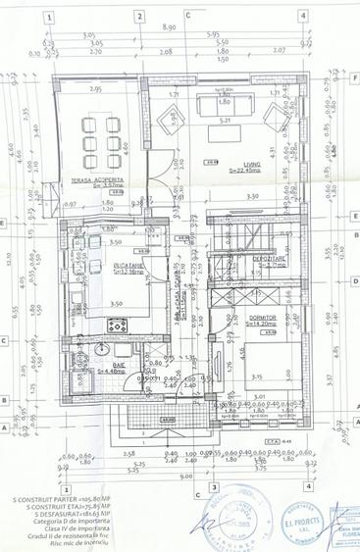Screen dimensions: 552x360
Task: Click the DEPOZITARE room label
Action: (x=268, y=258)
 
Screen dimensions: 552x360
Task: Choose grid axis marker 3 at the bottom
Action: (x=212, y=486)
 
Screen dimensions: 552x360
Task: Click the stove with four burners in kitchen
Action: (x=90, y=241)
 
